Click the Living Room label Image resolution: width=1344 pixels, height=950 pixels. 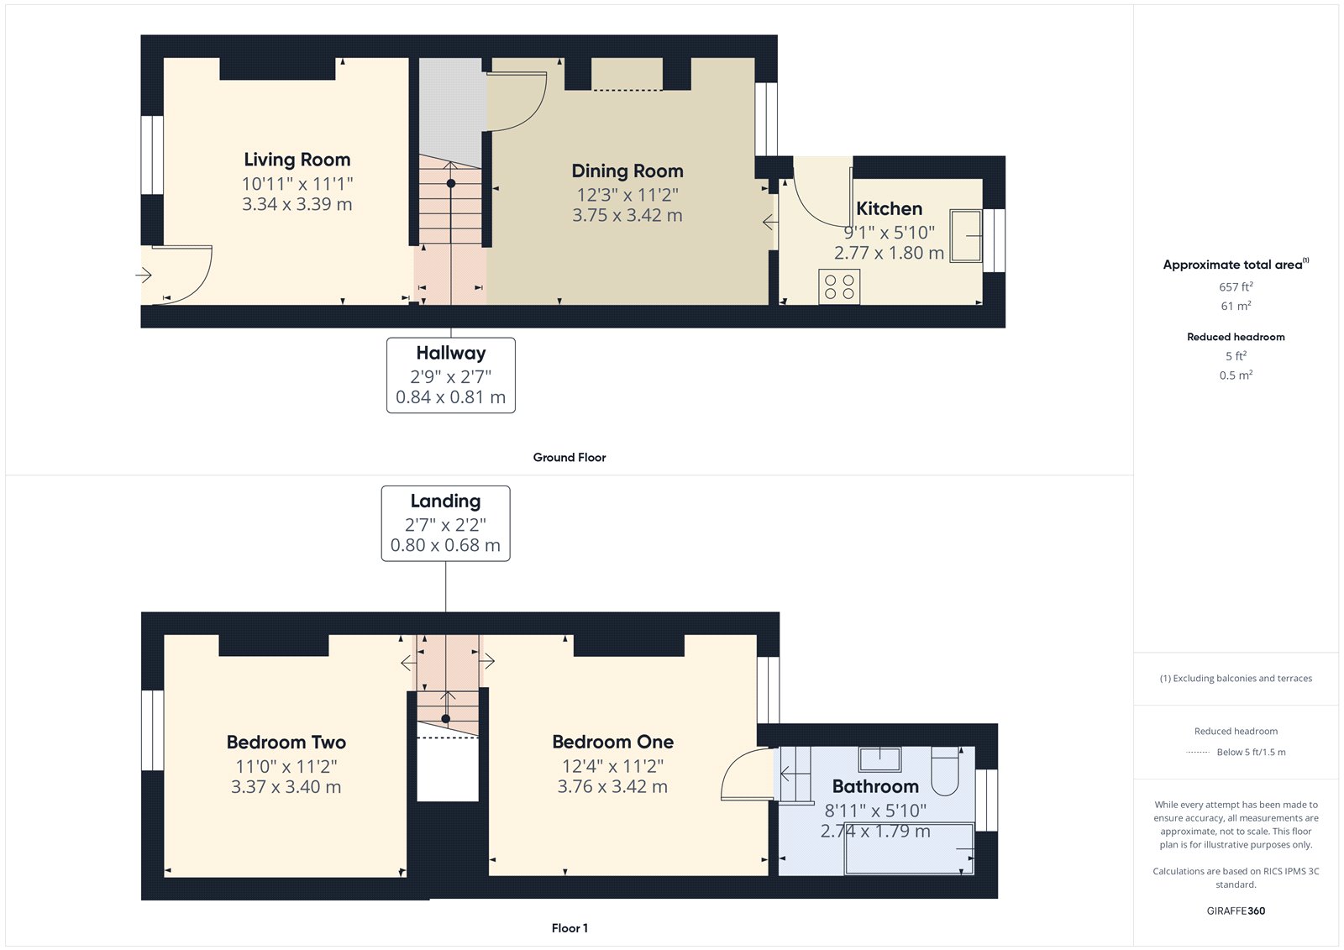click(x=297, y=160)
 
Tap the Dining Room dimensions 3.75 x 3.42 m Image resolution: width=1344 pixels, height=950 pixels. click(x=627, y=215)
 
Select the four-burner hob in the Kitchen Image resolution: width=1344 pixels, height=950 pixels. click(x=839, y=287)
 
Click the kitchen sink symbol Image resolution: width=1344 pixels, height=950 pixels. click(x=966, y=236)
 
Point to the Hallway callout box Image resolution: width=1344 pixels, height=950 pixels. click(x=450, y=375)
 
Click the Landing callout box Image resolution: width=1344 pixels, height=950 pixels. click(x=445, y=522)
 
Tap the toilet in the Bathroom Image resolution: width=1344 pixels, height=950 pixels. click(x=946, y=771)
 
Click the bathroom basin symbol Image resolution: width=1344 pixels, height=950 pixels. click(x=879, y=759)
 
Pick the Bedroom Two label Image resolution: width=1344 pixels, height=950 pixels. click(x=286, y=743)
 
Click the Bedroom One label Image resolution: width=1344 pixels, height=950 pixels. click(x=612, y=742)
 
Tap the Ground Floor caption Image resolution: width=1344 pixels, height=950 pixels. click(x=569, y=458)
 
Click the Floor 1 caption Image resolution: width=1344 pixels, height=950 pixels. click(x=570, y=928)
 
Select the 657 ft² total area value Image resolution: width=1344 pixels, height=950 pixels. click(x=1236, y=287)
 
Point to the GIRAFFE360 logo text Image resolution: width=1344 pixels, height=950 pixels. click(x=1236, y=911)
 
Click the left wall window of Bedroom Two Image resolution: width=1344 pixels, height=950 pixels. click(x=152, y=730)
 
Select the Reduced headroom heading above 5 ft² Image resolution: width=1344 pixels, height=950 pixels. click(x=1236, y=337)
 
